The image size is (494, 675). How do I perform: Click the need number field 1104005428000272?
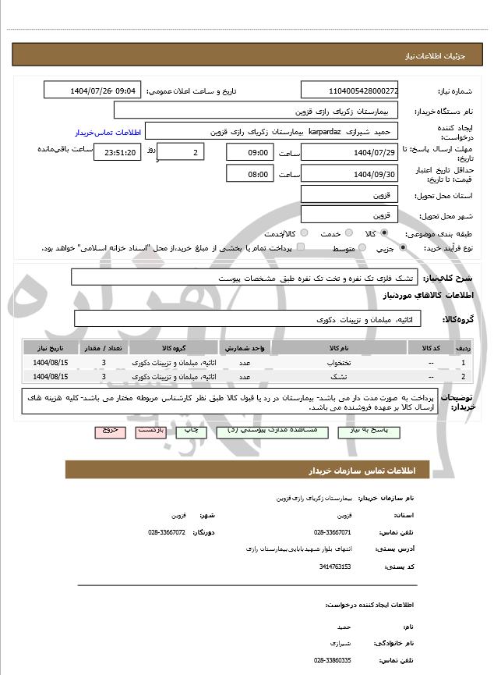(x=349, y=91)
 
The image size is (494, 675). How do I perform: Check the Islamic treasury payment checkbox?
(x=301, y=248)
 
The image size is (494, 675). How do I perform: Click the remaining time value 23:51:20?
(x=117, y=153)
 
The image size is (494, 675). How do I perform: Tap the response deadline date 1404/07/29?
(x=349, y=153)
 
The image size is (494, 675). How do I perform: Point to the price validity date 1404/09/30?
(x=349, y=174)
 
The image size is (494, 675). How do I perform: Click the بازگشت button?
(x=150, y=431)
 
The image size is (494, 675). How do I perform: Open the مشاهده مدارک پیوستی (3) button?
(x=259, y=431)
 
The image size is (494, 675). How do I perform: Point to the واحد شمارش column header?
(x=246, y=346)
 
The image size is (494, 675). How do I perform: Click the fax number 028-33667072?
(x=167, y=532)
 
